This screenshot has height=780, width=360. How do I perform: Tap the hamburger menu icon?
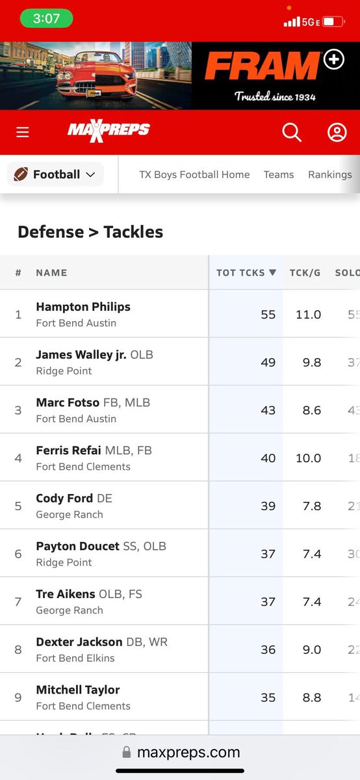(x=23, y=133)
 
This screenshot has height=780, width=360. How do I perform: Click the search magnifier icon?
(x=292, y=133)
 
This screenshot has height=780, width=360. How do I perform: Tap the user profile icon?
(x=337, y=133)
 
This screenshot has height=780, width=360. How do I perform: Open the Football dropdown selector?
(x=55, y=174)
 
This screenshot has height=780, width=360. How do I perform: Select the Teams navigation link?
(x=278, y=174)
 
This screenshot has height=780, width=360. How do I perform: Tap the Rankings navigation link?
(x=329, y=174)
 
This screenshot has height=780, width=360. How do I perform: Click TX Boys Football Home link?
(x=194, y=174)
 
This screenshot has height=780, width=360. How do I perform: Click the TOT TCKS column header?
(x=246, y=273)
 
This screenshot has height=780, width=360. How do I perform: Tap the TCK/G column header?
(x=305, y=273)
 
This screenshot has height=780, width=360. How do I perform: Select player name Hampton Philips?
(x=83, y=307)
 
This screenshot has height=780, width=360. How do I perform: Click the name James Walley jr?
(x=81, y=355)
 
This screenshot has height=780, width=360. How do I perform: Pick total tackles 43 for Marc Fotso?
(x=268, y=410)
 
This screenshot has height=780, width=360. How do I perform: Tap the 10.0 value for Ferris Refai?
(x=308, y=458)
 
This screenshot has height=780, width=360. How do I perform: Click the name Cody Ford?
(x=64, y=499)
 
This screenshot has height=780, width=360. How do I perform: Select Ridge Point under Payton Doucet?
(x=64, y=562)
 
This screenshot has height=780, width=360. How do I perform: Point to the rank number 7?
(x=18, y=602)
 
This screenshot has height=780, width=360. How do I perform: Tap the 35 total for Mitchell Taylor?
(x=268, y=698)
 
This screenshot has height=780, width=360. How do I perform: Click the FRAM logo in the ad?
(x=262, y=66)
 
